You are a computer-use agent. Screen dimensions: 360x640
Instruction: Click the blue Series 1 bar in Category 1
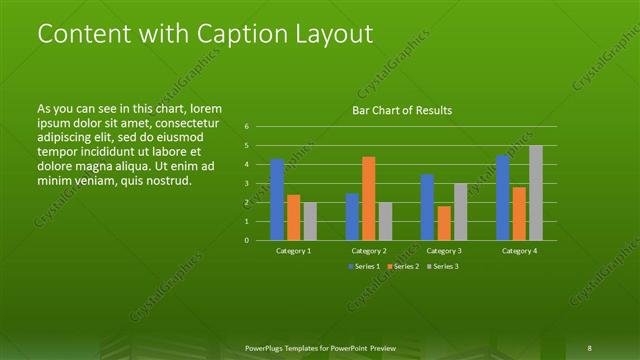(277, 199)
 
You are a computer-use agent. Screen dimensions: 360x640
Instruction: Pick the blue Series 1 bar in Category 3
(427, 207)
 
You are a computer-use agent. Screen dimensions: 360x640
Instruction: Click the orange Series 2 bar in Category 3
(443, 223)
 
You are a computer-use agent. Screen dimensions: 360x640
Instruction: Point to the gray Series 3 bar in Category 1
(309, 221)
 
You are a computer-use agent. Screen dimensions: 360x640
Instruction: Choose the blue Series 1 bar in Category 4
(502, 198)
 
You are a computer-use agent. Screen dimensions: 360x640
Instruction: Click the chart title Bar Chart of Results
(403, 110)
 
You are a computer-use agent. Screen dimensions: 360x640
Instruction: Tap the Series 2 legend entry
(403, 267)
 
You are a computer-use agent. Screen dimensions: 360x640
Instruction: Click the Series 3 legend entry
(443, 267)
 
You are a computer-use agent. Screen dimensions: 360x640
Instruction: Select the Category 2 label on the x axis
(369, 251)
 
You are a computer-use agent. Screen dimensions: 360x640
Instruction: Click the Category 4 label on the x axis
(520, 251)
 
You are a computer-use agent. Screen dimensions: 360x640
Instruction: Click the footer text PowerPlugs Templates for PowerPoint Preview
(320, 348)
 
